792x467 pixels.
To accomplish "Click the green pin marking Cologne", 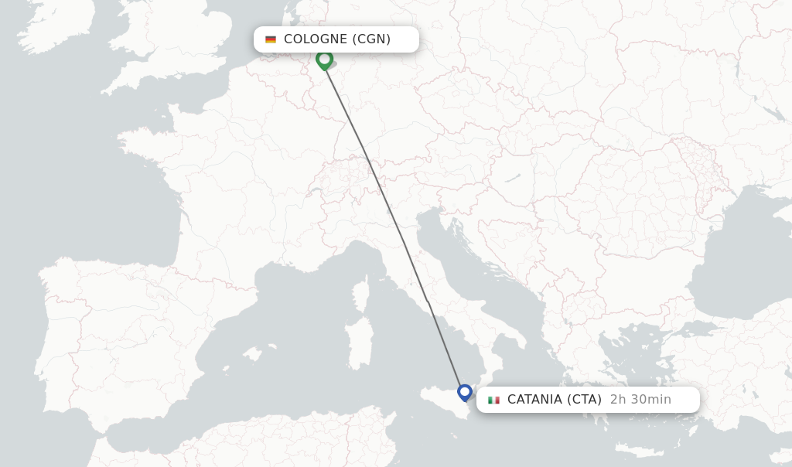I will [x=324, y=60].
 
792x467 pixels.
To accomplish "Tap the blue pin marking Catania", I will [x=464, y=392].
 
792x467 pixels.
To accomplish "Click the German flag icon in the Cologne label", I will [x=271, y=39].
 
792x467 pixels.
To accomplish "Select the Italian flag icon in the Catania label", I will [x=493, y=400].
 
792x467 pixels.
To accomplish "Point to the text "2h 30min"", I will [x=640, y=400].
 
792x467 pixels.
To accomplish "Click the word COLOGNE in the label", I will [x=316, y=39].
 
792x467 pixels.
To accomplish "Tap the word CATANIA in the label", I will [x=535, y=400].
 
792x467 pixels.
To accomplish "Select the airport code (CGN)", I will [x=372, y=39].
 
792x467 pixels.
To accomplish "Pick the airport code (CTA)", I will [x=584, y=400].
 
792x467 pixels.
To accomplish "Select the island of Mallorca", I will [x=251, y=353].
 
